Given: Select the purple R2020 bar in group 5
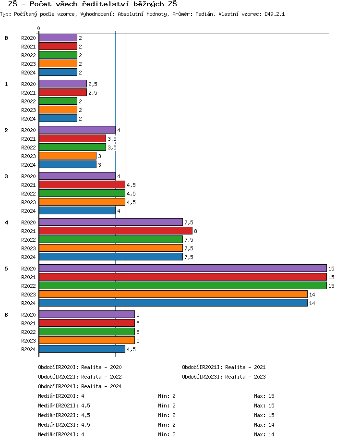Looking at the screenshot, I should pyautogui.click(x=182, y=268).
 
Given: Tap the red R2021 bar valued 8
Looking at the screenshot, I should pyautogui.click(x=115, y=231).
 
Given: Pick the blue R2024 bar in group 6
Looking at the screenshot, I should pyautogui.click(x=82, y=349).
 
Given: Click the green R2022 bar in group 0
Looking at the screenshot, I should pyautogui.click(x=58, y=55).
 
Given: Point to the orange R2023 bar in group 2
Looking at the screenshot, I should pyautogui.click(x=67, y=156).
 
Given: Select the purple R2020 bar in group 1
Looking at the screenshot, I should pyautogui.click(x=62, y=84).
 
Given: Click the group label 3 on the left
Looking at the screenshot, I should pyautogui.click(x=6, y=176).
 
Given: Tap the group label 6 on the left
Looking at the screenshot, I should pyautogui.click(x=6, y=315).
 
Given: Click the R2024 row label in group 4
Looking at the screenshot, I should pyautogui.click(x=28, y=257).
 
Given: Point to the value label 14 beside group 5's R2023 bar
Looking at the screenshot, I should pyautogui.click(x=312, y=294).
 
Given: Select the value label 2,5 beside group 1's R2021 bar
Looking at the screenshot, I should pyautogui.click(x=93, y=93).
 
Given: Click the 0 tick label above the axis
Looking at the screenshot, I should pyautogui.click(x=39, y=29).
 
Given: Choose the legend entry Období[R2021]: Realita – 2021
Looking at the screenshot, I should pyautogui.click(x=224, y=367).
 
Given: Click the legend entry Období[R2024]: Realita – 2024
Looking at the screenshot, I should pyautogui.click(x=80, y=386).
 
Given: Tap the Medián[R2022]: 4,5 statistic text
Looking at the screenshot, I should pyautogui.click(x=64, y=415).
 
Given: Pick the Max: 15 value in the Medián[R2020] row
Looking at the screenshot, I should pyautogui.click(x=264, y=396).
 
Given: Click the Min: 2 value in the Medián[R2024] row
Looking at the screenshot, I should pyautogui.click(x=167, y=434).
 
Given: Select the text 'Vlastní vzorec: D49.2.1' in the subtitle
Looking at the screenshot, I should pyautogui.click(x=252, y=14).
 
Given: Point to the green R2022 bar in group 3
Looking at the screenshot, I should pyautogui.click(x=82, y=193).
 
